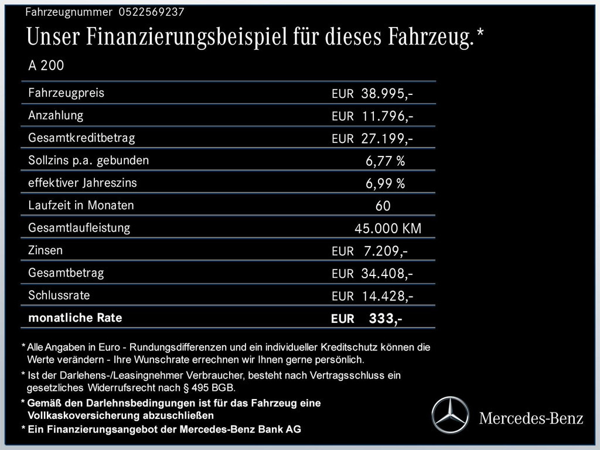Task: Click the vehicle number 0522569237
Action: (151, 12)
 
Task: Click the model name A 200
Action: (46, 66)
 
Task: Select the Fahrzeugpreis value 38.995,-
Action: (387, 94)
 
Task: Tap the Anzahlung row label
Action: (56, 115)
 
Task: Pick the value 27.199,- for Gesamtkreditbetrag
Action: (387, 139)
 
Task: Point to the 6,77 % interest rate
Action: (385, 161)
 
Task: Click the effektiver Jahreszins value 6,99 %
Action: (385, 184)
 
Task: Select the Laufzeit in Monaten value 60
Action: (383, 206)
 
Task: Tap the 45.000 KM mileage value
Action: (388, 229)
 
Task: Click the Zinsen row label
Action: (45, 250)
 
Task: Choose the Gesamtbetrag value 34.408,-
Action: (387, 274)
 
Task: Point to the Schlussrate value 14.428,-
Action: (387, 296)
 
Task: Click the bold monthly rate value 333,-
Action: (385, 319)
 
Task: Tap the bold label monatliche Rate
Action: (75, 318)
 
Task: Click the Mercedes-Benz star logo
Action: (451, 415)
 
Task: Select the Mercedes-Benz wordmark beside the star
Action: (531, 418)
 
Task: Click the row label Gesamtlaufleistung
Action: (79, 227)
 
